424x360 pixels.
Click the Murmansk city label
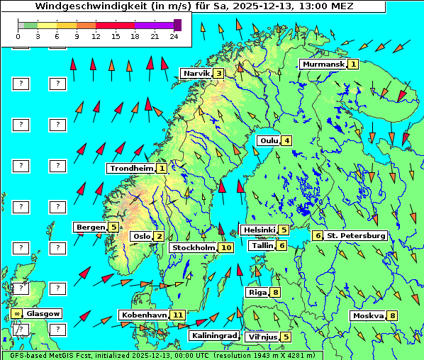(323, 64)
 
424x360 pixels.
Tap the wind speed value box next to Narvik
(219, 73)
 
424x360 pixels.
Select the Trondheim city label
(131, 168)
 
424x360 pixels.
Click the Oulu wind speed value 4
(286, 140)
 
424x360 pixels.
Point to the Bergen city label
(90, 227)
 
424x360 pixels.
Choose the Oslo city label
(141, 236)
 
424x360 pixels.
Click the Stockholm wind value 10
(225, 247)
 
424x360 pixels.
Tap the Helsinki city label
(259, 230)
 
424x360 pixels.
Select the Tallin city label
(262, 245)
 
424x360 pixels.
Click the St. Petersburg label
(355, 235)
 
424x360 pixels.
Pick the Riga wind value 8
(275, 292)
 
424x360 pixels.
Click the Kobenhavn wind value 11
(178, 315)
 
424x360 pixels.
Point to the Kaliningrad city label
(213, 335)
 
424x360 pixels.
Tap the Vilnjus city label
(262, 337)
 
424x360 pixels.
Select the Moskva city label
(368, 315)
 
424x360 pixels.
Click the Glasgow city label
(43, 313)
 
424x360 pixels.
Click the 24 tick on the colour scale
(174, 36)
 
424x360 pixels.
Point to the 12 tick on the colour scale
(96, 36)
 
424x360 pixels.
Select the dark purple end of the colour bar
(177, 25)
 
